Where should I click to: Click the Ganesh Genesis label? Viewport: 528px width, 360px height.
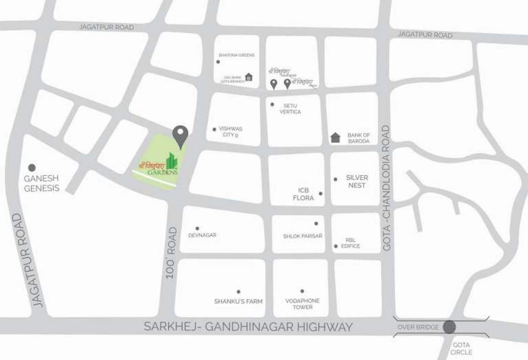(42, 183)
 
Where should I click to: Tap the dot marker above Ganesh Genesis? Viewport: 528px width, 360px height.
(32, 167)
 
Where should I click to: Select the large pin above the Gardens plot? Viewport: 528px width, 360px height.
(180, 135)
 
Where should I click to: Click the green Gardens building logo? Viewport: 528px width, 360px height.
(172, 160)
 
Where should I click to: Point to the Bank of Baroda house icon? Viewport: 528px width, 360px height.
(335, 137)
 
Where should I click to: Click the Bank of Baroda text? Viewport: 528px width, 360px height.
(358, 138)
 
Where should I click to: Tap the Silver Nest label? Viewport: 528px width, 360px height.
(357, 181)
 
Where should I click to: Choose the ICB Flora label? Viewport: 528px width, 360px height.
(304, 194)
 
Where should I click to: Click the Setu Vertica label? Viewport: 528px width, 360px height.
(290, 109)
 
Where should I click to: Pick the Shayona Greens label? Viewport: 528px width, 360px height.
(237, 55)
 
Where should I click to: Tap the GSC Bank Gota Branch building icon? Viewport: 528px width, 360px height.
(249, 77)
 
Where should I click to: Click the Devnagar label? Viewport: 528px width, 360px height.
(202, 235)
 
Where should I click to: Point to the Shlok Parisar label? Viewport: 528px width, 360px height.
(303, 236)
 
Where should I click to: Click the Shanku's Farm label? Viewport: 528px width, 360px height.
(238, 301)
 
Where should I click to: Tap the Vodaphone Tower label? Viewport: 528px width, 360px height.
(302, 304)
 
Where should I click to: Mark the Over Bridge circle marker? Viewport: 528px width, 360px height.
(449, 327)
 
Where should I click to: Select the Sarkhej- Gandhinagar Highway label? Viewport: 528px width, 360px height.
(248, 327)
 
